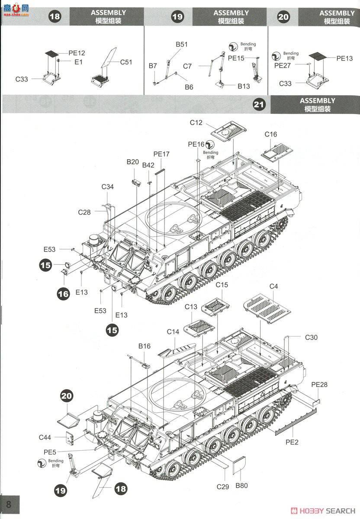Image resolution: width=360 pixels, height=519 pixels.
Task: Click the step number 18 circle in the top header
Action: click(x=55, y=17)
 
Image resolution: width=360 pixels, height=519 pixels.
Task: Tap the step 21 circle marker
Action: click(x=259, y=105)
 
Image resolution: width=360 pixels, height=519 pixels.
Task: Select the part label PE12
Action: click(x=77, y=53)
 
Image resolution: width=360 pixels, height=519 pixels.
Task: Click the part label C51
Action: click(x=126, y=62)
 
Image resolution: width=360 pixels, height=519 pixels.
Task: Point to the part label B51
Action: click(x=181, y=44)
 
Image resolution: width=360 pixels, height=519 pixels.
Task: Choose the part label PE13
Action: click(x=344, y=58)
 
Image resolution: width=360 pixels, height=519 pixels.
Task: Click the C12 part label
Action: click(x=196, y=123)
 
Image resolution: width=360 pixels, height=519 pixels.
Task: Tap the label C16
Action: click(x=270, y=135)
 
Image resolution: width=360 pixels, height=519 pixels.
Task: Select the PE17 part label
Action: click(x=161, y=154)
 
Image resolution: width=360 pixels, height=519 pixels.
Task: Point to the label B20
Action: click(x=133, y=162)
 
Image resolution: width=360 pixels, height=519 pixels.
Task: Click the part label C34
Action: click(x=108, y=186)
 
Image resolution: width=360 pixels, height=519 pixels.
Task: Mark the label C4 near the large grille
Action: click(x=273, y=286)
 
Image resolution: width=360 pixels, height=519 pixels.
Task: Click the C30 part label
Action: click(x=311, y=337)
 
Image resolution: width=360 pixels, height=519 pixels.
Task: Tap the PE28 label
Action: click(x=319, y=384)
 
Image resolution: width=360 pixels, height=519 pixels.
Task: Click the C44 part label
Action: click(x=45, y=437)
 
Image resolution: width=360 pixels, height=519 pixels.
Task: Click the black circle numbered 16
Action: click(x=63, y=294)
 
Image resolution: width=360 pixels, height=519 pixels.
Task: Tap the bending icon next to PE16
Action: click(x=210, y=144)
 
